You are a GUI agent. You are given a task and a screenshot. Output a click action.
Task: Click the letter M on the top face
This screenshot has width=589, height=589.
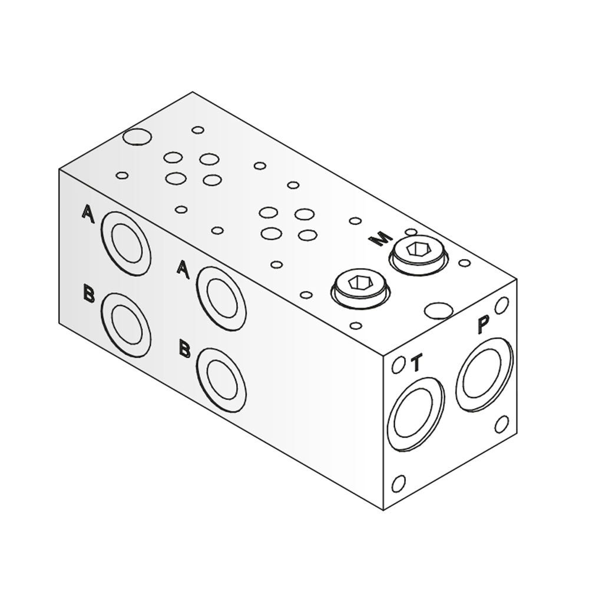(x=380, y=239)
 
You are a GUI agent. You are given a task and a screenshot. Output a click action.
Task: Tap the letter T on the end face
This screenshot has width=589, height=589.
(x=416, y=363)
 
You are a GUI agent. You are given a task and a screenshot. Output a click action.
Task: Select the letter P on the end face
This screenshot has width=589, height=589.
(x=484, y=325)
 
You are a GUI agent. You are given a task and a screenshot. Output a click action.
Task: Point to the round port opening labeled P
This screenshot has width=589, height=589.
(x=484, y=374)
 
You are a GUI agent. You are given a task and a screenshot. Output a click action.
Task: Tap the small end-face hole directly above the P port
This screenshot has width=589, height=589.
(x=501, y=306)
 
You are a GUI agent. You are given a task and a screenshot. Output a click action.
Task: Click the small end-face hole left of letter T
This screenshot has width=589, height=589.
(x=398, y=365)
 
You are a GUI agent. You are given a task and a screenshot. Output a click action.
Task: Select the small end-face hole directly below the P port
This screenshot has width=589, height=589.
(x=501, y=424)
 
